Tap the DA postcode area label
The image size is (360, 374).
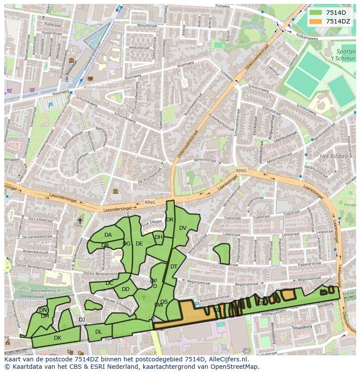(108, 235)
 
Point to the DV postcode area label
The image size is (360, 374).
(183, 228)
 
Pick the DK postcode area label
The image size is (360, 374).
(58, 338)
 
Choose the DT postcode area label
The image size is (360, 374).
(174, 267)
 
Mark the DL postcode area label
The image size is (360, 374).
(99, 332)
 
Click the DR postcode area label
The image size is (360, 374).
(170, 220)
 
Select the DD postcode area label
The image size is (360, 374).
(126, 289)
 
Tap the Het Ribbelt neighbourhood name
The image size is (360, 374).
(334, 156)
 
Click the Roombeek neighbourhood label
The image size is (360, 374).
(93, 86)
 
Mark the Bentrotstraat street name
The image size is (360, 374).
(205, 160)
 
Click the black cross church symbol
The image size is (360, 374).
(80, 221)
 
